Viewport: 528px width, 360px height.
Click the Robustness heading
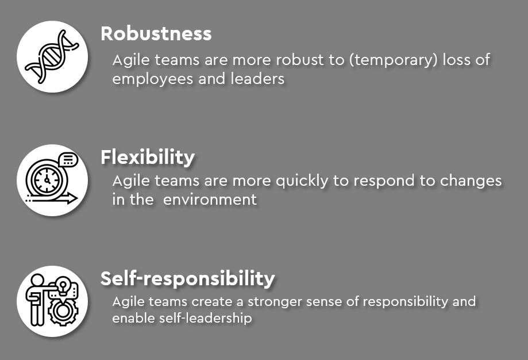point(156,34)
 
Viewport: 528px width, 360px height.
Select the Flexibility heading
point(148,158)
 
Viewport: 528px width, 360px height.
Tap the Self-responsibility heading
point(187,279)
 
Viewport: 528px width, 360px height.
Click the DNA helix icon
point(52,56)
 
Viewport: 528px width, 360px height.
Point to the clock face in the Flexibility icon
point(47,179)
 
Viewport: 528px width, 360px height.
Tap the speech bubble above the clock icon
point(68,159)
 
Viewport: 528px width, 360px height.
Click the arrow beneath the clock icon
point(52,198)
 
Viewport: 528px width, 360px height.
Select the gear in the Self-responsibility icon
point(62,311)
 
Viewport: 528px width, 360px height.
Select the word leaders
point(257,79)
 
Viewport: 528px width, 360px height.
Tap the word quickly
point(302,181)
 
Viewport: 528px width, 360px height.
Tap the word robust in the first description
point(300,60)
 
